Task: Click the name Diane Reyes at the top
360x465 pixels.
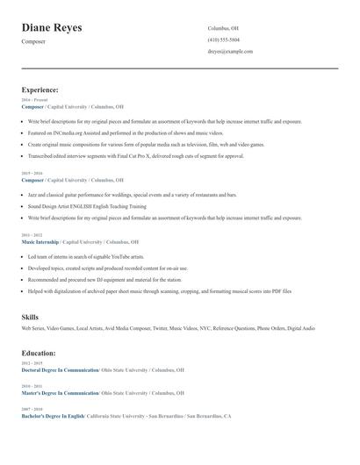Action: click(52, 28)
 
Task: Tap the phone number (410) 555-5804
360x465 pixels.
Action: click(223, 39)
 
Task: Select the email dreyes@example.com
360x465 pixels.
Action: click(230, 51)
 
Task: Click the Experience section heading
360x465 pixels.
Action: click(40, 89)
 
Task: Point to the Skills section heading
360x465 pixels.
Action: click(30, 316)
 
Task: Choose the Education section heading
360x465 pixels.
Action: click(39, 353)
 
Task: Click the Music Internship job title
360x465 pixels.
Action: click(42, 241)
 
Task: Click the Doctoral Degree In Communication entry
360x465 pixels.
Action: click(60, 370)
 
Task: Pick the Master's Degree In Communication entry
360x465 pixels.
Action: click(60, 393)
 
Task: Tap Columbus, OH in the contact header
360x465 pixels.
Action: click(223, 28)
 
